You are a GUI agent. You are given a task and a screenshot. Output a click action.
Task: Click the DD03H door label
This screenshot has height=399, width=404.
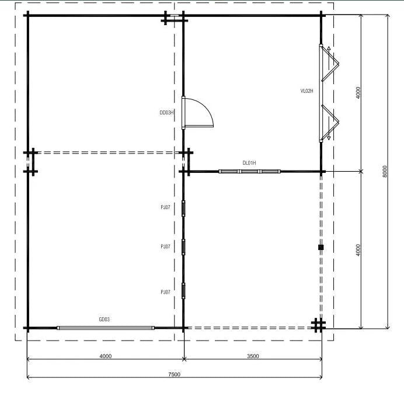click(167, 112)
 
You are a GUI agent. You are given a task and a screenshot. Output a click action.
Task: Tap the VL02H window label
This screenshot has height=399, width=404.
click(307, 91)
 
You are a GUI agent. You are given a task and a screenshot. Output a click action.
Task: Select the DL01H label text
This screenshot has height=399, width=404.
click(249, 163)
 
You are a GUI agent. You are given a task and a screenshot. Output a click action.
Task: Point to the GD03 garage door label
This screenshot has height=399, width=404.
click(105, 320)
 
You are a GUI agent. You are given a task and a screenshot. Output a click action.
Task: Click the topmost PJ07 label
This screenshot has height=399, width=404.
click(165, 207)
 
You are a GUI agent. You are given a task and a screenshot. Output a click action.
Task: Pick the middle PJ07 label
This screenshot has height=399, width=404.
click(165, 247)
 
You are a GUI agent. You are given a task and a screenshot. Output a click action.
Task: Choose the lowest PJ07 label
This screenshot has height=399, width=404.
click(165, 292)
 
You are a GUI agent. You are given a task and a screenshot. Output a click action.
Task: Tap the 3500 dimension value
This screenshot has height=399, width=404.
click(252, 356)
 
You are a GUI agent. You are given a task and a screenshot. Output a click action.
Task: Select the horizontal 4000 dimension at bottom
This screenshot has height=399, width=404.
click(106, 356)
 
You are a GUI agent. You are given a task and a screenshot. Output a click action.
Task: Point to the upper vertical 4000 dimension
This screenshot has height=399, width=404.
click(358, 92)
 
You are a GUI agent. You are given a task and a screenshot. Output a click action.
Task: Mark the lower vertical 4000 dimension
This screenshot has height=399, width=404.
click(358, 249)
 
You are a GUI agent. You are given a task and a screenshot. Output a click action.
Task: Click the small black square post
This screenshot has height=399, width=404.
click(321, 248)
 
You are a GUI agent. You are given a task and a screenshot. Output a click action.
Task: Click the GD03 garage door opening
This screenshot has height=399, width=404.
click(106, 328)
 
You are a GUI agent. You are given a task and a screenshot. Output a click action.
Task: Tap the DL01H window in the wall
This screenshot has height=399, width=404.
click(249, 172)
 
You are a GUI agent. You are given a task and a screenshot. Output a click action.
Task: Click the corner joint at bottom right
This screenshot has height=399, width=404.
click(318, 325)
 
